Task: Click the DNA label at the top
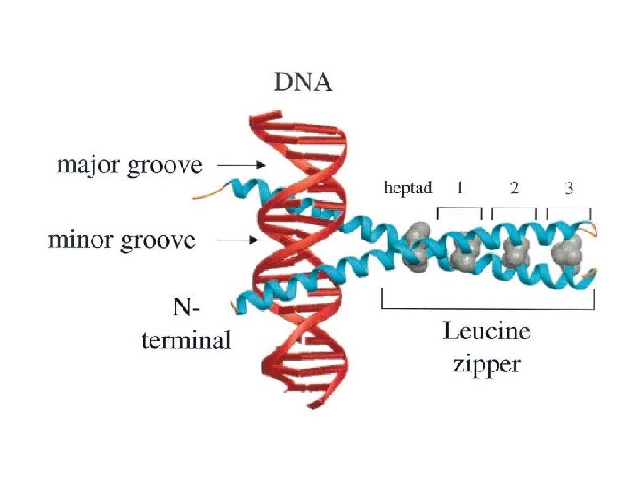click(302, 85)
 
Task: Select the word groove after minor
click(158, 240)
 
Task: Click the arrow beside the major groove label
click(240, 166)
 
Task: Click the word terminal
click(186, 339)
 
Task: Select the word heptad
click(407, 188)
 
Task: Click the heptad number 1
click(459, 188)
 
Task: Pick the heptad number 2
click(514, 188)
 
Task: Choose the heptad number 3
click(569, 188)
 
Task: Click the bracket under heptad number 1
click(459, 212)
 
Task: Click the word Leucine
click(486, 332)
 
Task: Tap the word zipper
click(486, 363)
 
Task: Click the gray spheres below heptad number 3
click(567, 254)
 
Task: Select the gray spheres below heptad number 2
click(515, 255)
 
